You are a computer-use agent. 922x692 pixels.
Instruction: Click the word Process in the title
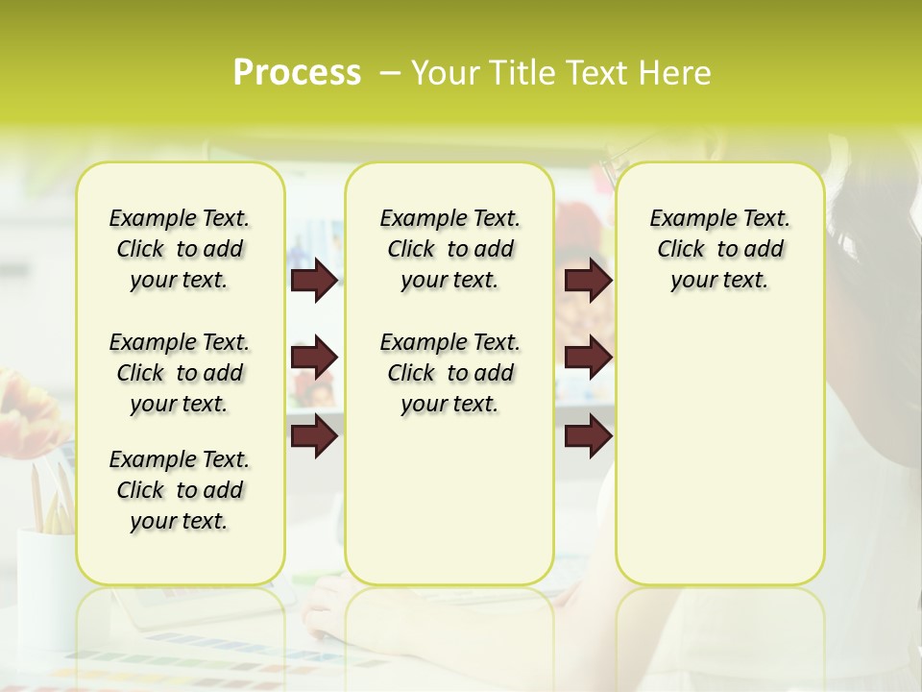[297, 73]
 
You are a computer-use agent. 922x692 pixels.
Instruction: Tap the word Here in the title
[675, 73]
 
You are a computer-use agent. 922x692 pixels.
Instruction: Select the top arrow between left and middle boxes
[314, 281]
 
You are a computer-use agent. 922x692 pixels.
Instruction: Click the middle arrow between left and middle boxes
[314, 358]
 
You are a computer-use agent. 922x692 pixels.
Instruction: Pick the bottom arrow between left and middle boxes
[314, 436]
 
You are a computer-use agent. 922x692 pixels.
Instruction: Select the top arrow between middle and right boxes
[588, 281]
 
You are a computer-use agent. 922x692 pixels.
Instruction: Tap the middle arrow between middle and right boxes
[588, 358]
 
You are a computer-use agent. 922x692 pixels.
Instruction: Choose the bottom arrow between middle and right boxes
[588, 436]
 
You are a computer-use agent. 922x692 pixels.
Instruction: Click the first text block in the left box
[180, 249]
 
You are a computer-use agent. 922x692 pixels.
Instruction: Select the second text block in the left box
[180, 373]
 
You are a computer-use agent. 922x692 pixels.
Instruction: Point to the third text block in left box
[180, 490]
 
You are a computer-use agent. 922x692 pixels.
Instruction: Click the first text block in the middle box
[449, 249]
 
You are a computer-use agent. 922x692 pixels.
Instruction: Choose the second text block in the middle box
[449, 373]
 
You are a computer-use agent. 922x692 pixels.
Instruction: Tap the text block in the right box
[719, 249]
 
